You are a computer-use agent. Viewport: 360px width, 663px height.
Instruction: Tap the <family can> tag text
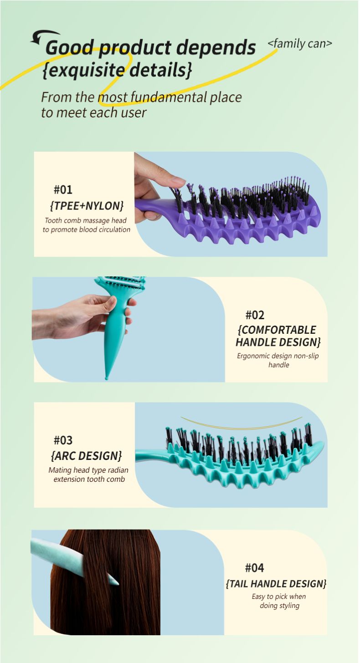299,44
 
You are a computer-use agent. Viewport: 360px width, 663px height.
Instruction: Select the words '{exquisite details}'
117,70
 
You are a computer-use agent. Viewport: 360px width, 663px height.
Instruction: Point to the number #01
63,190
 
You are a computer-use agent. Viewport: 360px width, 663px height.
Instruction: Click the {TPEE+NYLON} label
87,206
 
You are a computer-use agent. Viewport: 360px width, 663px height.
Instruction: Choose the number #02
255,315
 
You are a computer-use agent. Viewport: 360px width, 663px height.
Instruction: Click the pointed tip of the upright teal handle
106,378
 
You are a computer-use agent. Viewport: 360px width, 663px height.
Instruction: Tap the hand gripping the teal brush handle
83,317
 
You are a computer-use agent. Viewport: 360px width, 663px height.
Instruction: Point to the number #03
63,440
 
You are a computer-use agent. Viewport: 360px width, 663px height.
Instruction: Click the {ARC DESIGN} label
86,456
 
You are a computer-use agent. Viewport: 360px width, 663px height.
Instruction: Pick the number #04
255,568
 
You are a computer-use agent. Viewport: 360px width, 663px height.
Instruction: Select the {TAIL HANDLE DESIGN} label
276,584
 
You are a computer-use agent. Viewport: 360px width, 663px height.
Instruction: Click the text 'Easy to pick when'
279,597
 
